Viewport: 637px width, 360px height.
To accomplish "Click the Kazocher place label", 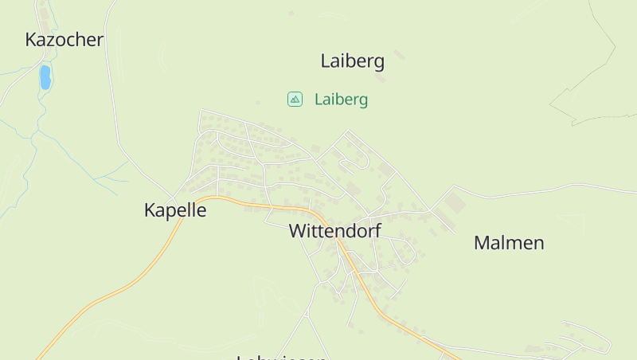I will click(x=64, y=40).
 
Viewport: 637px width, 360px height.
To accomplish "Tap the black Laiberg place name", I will click(x=352, y=61).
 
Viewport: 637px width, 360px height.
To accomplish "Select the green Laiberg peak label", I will click(x=341, y=100).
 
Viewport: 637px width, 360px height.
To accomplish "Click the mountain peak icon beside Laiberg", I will click(x=295, y=99).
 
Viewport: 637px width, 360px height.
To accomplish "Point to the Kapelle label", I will click(x=175, y=210).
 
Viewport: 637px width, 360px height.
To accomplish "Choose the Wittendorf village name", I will click(x=334, y=231).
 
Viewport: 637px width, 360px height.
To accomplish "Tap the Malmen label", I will click(x=509, y=243).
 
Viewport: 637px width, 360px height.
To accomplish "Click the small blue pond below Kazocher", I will click(x=45, y=76).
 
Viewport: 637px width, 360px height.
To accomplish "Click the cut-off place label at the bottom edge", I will click(x=282, y=357).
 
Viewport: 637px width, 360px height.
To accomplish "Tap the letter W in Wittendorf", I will click(x=298, y=231).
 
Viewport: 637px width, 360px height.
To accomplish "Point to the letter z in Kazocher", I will click(x=56, y=40).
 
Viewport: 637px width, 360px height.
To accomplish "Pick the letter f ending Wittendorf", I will click(x=377, y=230).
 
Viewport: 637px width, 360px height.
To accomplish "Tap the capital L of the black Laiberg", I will click(x=325, y=61).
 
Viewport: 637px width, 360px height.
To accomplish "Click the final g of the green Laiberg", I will click(x=363, y=101).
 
